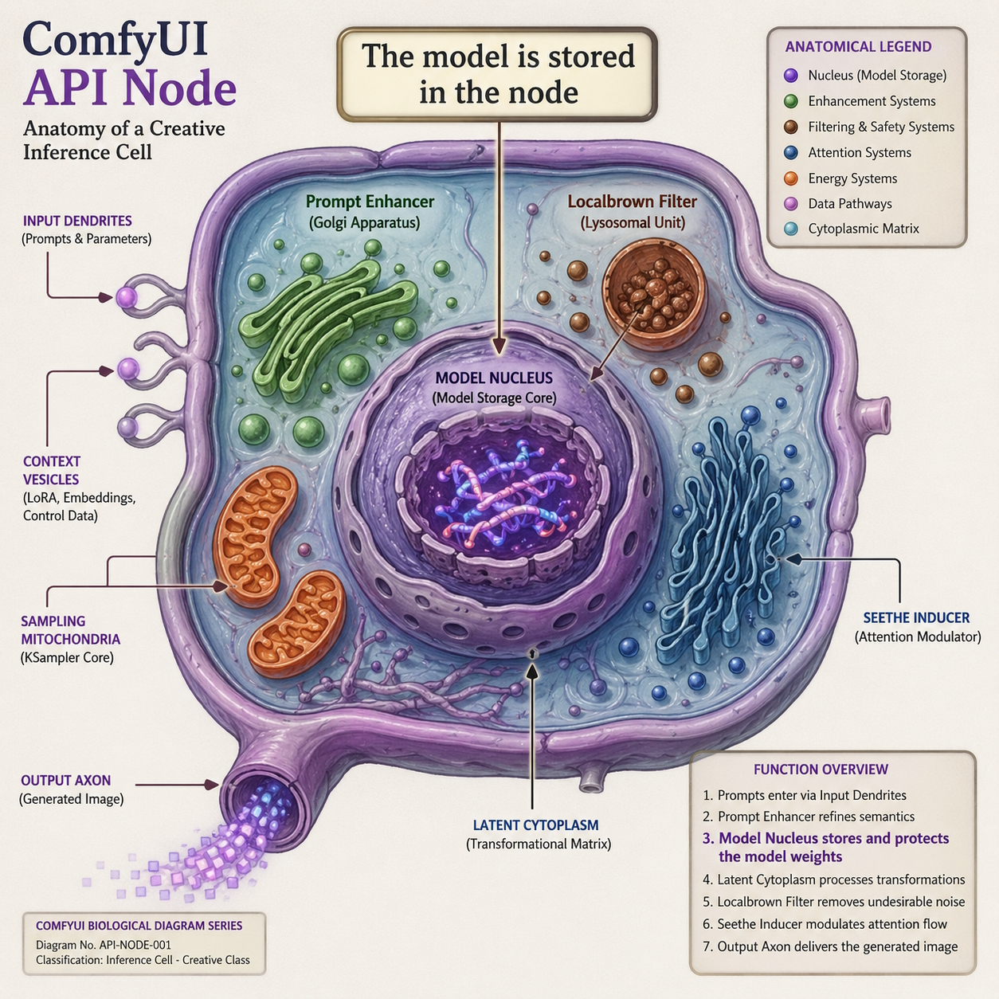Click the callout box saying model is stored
point(498,74)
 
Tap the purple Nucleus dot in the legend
point(791,76)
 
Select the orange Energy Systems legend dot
point(791,178)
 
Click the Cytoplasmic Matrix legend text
point(864,229)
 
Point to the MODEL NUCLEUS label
point(494,378)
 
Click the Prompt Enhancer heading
point(370,202)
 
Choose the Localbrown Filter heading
point(632,202)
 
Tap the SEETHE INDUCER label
point(916,618)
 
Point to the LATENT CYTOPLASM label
point(535,825)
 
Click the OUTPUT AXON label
point(66,781)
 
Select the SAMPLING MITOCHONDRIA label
point(70,630)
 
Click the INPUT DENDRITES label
point(77,221)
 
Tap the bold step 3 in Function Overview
point(826,847)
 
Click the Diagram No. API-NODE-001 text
point(104,945)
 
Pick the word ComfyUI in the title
point(116,38)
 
